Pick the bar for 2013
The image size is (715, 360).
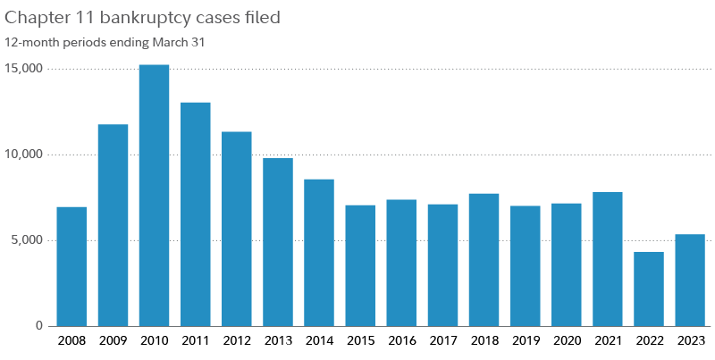278,242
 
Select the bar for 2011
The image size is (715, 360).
195,213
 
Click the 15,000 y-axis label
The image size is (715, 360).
25,69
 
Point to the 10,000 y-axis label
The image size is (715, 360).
25,155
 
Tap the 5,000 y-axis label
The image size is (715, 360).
29,240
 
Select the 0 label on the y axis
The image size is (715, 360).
40,326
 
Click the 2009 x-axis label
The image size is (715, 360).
113,340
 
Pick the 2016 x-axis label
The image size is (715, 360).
401,340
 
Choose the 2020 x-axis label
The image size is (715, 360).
567,340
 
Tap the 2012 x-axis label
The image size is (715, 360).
236,340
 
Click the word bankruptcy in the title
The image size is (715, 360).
153,17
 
